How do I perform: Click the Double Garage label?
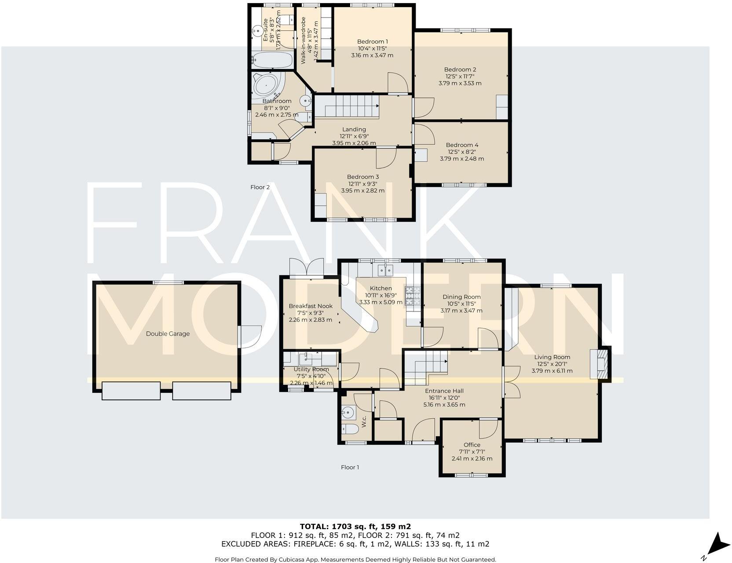[x=168, y=333]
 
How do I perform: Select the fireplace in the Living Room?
[x=600, y=363]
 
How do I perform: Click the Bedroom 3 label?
[x=362, y=176]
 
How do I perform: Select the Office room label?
[x=472, y=445]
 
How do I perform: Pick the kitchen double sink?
[x=385, y=270]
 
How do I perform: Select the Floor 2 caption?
[x=260, y=187]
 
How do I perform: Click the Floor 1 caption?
[x=350, y=467]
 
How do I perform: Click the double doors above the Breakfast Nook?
[x=307, y=267]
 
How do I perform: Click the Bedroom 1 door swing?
[x=397, y=83]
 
